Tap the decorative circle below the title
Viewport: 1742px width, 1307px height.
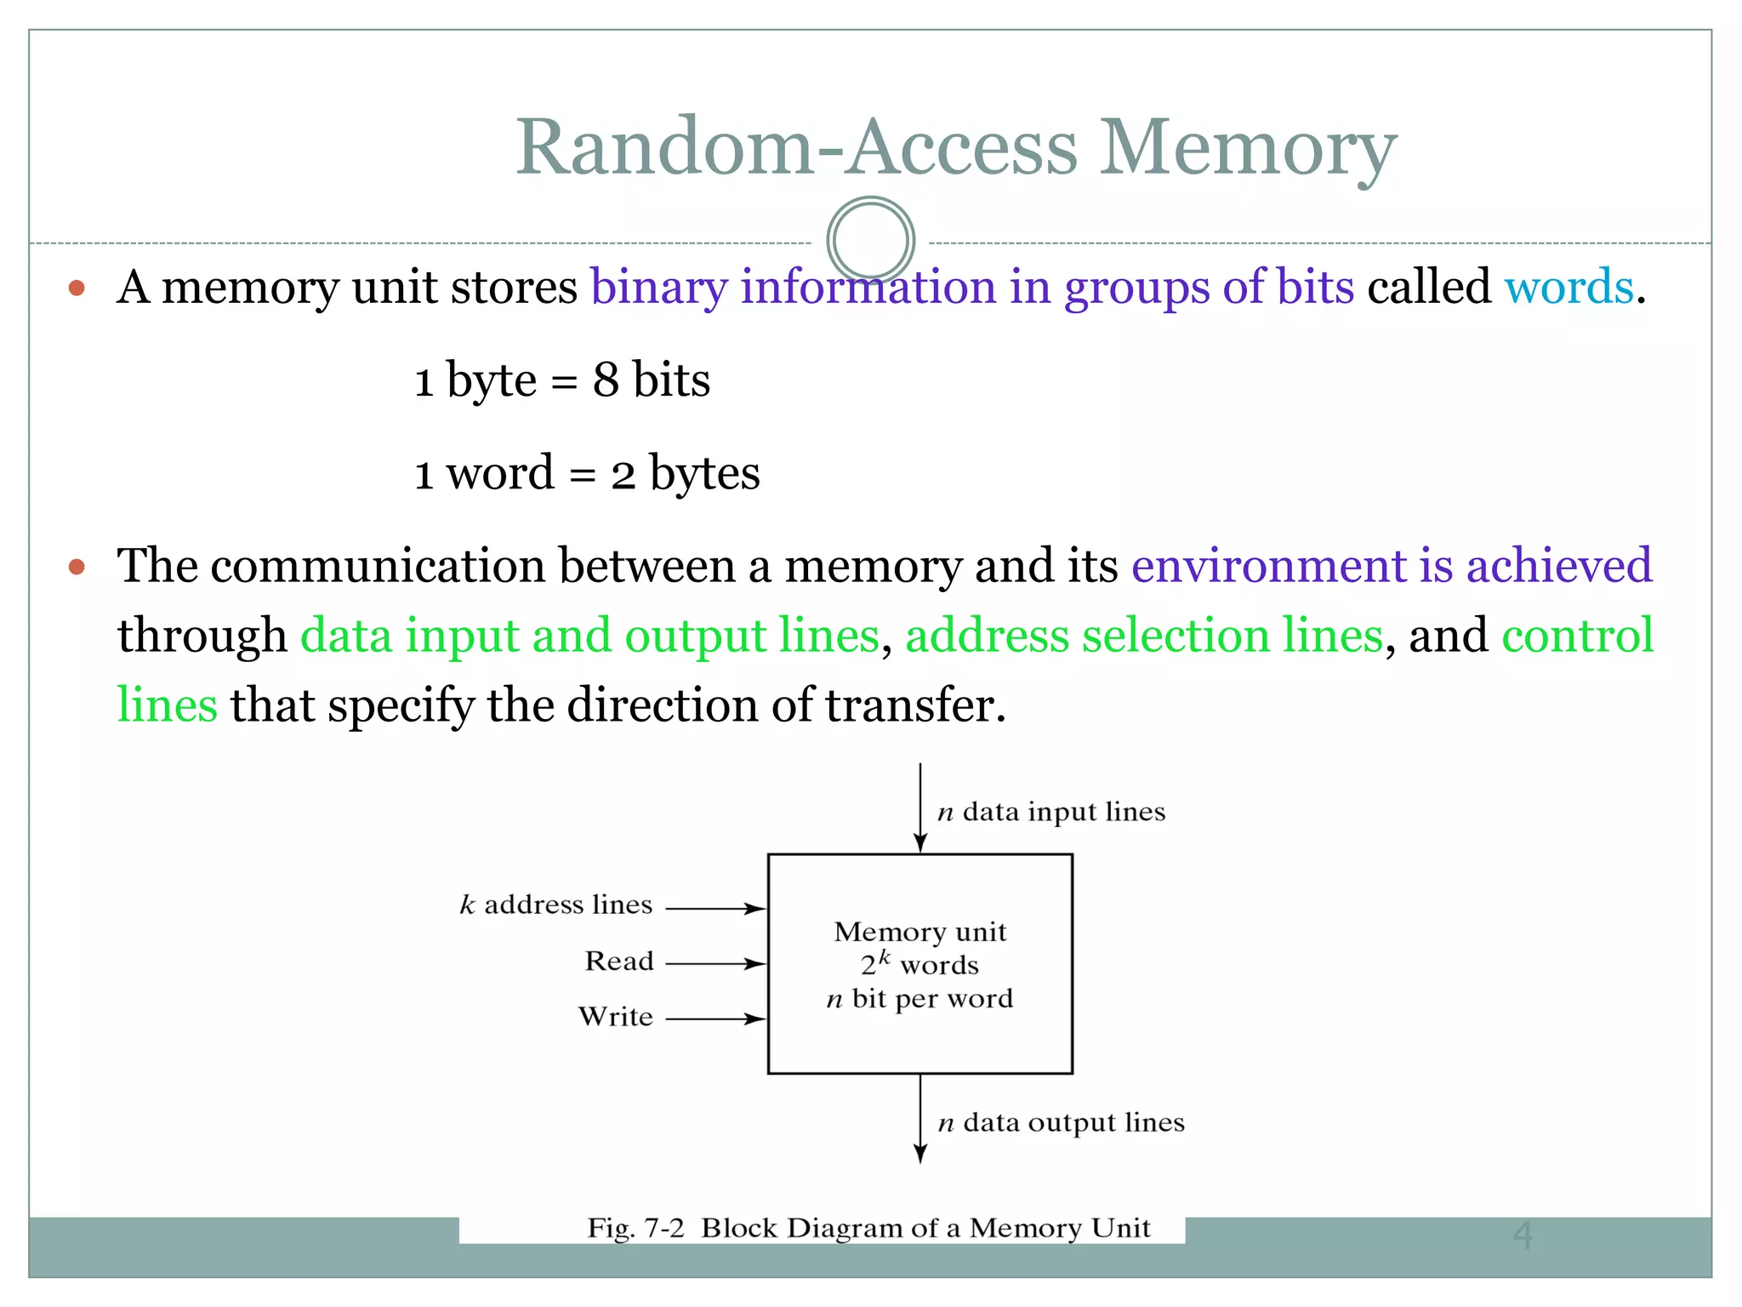[870, 239]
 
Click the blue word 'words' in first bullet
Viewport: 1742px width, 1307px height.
[1568, 287]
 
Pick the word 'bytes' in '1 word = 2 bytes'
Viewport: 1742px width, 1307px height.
[704, 473]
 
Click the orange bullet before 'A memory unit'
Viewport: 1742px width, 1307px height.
[77, 288]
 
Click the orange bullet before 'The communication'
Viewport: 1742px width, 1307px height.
[77, 567]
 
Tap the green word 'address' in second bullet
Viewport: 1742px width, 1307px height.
[987, 636]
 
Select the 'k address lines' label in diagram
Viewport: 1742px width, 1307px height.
[555, 905]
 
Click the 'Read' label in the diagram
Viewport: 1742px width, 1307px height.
[618, 962]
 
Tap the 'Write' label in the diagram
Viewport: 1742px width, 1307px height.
[615, 1017]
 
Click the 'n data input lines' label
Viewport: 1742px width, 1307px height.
[1050, 812]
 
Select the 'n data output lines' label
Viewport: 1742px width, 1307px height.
[1060, 1123]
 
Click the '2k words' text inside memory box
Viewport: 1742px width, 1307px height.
[919, 965]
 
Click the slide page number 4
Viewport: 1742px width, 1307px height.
[1522, 1236]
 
